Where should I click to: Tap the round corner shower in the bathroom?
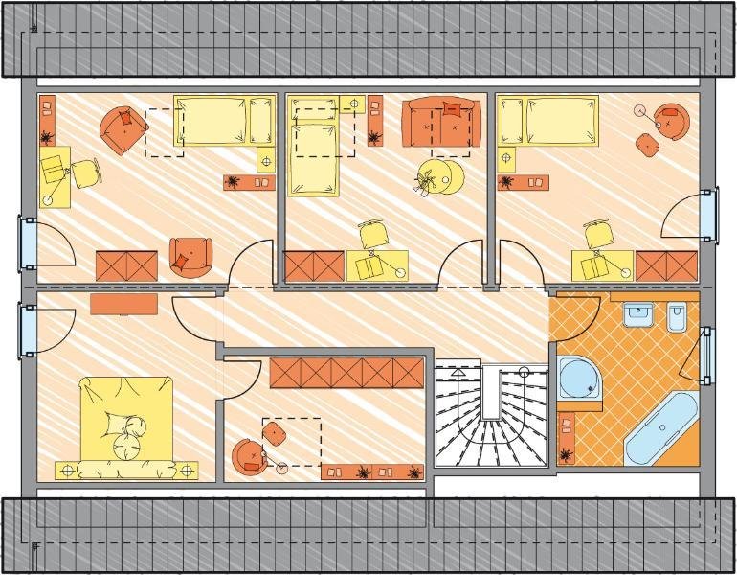click(x=579, y=379)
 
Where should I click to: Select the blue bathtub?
click(x=662, y=427)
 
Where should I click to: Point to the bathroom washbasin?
click(x=637, y=314)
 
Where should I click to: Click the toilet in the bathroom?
click(x=678, y=316)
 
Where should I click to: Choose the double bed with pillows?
click(x=126, y=425)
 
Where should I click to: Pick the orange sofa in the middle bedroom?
click(x=440, y=123)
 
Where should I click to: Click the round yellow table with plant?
click(x=443, y=177)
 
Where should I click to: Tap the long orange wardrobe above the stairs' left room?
click(x=346, y=373)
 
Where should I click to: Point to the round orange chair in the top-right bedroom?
click(x=674, y=120)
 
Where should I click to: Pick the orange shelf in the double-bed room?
click(x=124, y=304)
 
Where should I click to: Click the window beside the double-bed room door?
click(x=27, y=332)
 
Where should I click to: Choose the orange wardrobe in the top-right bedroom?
click(x=666, y=265)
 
